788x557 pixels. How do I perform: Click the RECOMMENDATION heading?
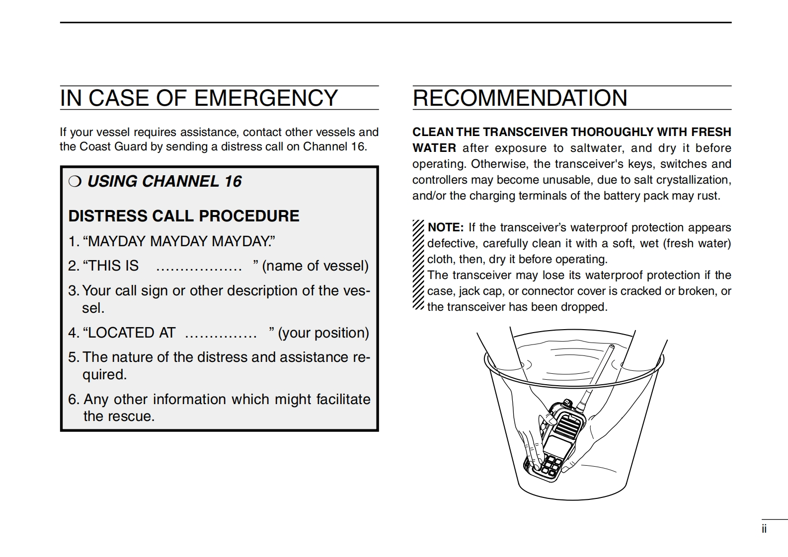point(520,98)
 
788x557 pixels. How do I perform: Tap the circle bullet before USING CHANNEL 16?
point(74,182)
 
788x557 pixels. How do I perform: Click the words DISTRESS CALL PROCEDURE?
point(184,216)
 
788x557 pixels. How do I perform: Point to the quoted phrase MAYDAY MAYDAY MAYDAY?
point(179,241)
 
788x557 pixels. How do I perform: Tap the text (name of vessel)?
point(315,266)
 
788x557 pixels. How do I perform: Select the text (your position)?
point(323,333)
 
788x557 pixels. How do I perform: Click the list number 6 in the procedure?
point(73,400)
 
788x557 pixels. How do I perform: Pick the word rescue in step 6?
point(133,416)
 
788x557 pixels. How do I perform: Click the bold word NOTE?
point(446,228)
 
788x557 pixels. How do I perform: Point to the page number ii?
point(764,529)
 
